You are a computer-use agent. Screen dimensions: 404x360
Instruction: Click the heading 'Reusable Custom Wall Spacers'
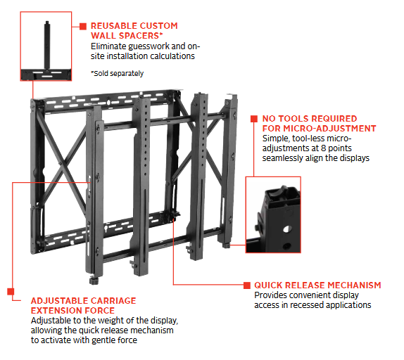(134, 31)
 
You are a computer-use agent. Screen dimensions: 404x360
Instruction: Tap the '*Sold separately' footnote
(117, 74)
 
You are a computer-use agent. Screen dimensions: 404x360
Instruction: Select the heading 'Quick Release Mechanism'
(317, 285)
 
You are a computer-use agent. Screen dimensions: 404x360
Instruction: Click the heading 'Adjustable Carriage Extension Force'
(83, 305)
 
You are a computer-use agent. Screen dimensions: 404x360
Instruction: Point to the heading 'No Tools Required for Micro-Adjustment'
(319, 124)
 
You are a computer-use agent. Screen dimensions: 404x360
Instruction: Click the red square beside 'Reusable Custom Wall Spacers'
(83, 26)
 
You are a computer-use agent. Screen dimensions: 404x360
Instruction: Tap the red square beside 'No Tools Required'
(254, 119)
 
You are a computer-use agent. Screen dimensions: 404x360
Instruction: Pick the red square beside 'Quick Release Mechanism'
(247, 285)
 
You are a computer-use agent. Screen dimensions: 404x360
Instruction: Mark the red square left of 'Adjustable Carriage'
(11, 292)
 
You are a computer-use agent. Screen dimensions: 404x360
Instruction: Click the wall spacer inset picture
(46, 46)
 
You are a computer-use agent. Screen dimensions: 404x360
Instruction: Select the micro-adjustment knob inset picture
(273, 214)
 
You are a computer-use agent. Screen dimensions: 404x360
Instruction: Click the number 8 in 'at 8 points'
(323, 148)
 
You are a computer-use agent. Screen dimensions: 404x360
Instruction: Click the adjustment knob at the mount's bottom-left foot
(94, 281)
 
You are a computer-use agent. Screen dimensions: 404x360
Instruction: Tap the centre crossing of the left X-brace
(61, 164)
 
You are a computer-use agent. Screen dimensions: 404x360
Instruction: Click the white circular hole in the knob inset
(286, 229)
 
